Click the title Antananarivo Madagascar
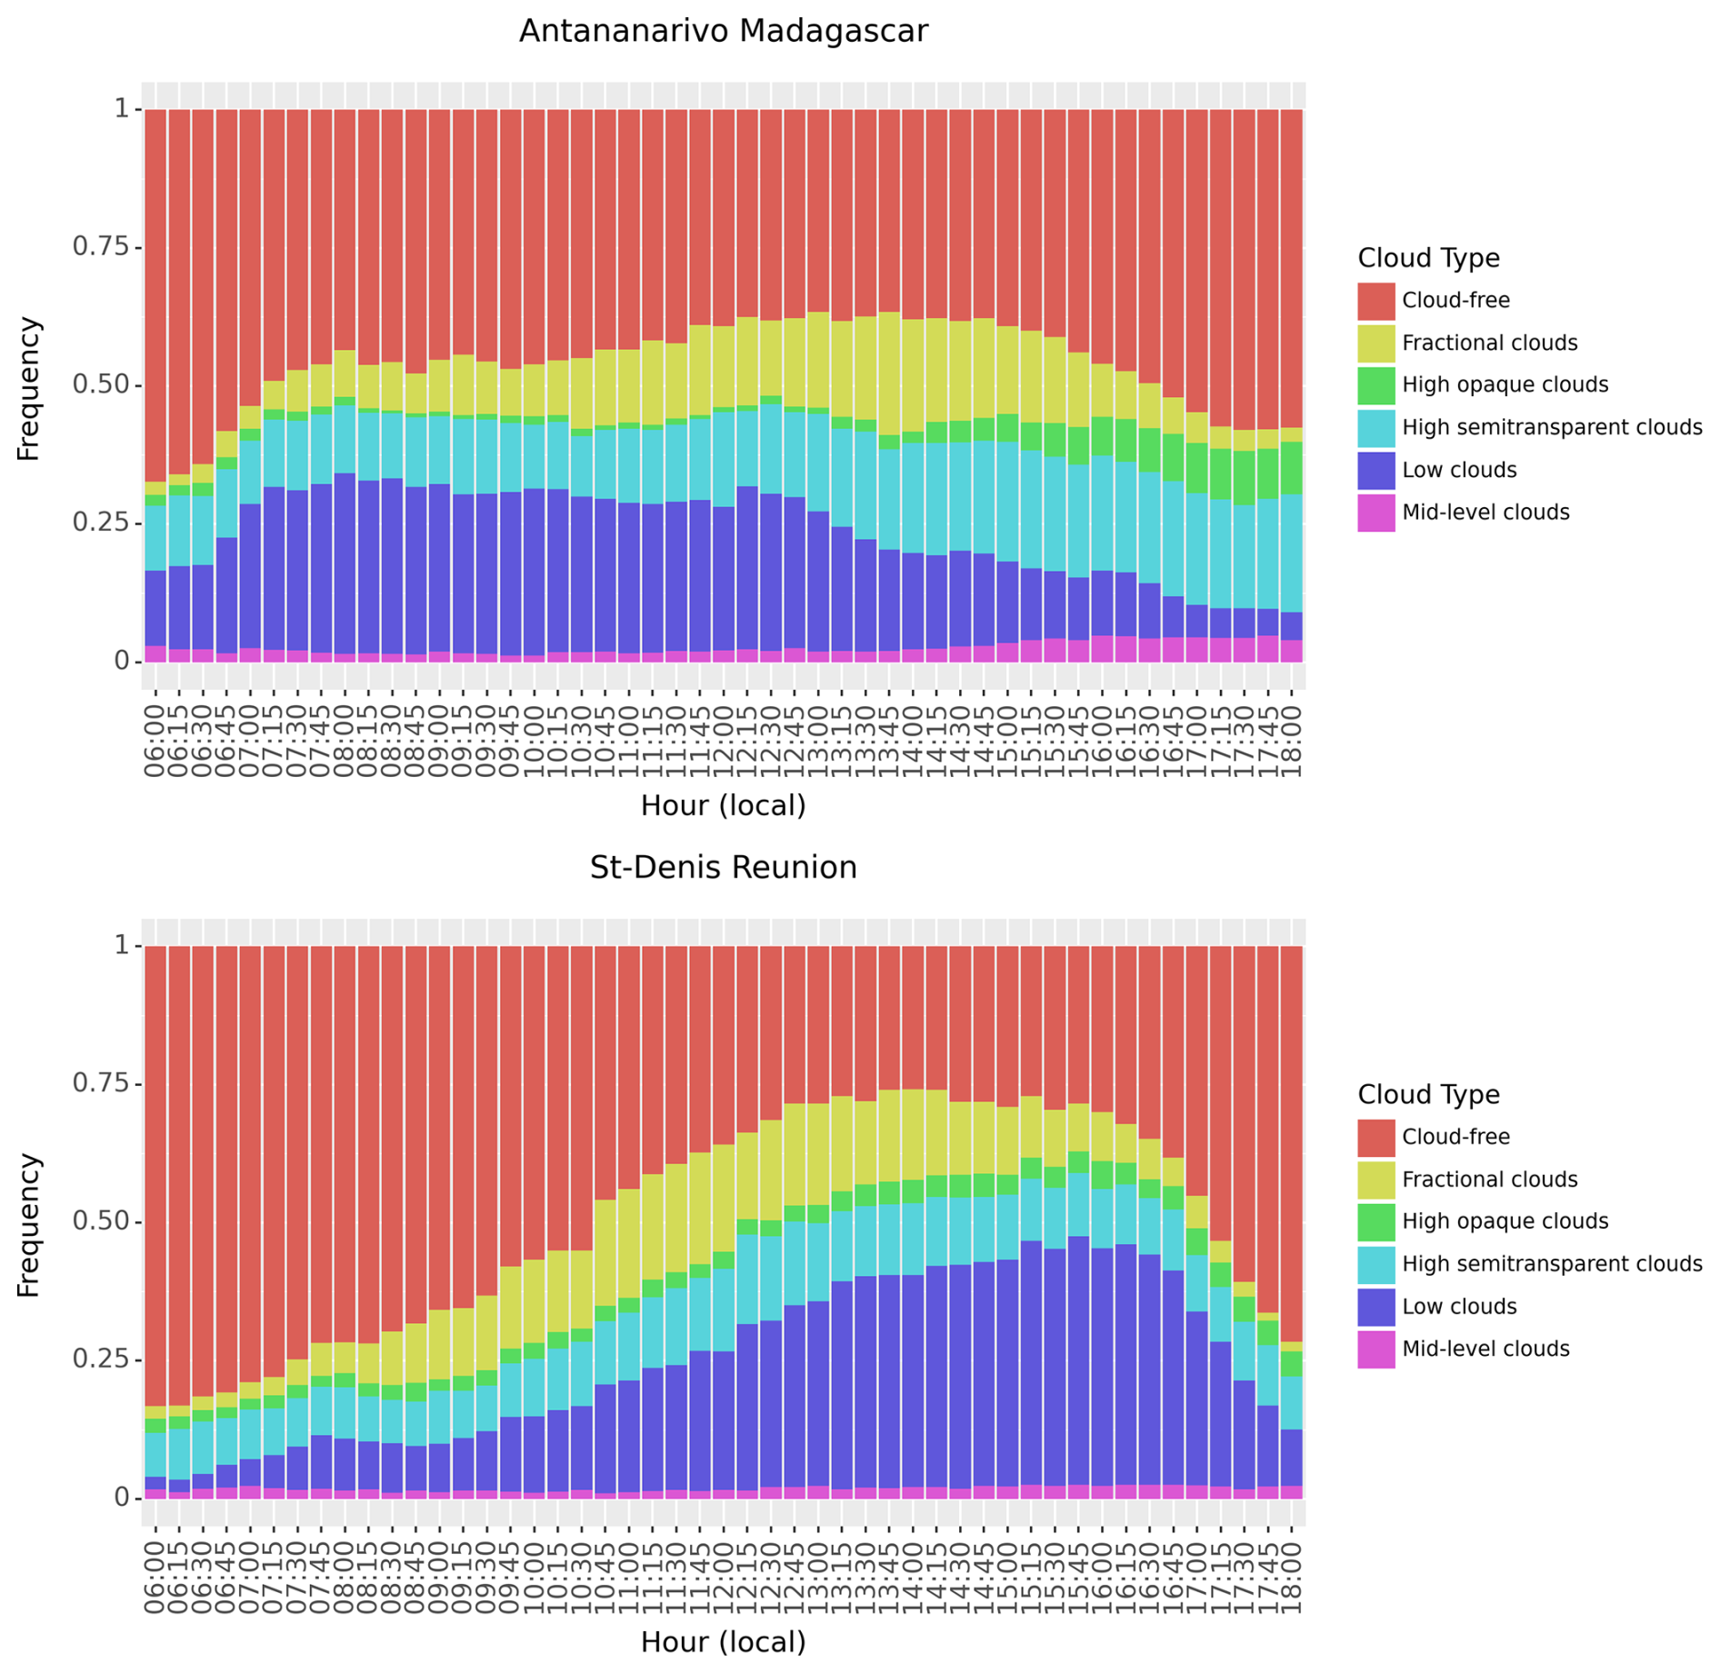click(723, 32)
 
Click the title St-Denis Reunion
click(723, 868)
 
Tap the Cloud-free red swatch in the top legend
click(1375, 301)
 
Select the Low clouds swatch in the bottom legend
click(1375, 1307)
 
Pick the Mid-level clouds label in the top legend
click(1485, 513)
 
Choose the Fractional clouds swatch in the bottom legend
click(1375, 1180)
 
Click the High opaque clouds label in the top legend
click(1505, 385)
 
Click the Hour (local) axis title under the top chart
click(723, 806)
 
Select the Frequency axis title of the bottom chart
click(29, 1225)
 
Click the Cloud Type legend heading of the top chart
click(1428, 258)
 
